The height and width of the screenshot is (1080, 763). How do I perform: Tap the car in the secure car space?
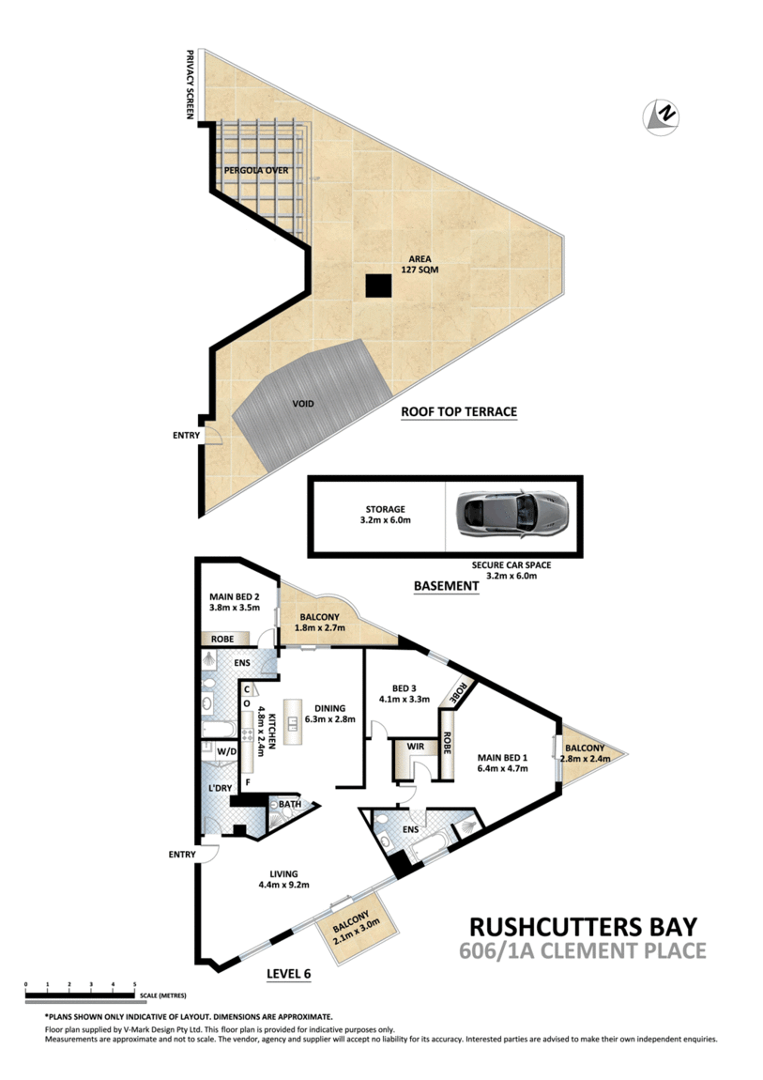512,513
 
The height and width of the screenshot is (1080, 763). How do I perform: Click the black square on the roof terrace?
377,285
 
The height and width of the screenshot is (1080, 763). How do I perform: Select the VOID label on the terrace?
303,404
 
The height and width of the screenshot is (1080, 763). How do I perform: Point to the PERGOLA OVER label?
256,170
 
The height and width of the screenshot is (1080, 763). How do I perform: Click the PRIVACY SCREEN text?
191,85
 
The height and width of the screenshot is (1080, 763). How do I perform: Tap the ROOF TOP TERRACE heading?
459,412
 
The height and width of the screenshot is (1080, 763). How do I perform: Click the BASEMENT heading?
447,586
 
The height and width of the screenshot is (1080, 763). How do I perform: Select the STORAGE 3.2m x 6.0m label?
386,515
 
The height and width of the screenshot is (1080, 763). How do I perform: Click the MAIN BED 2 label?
235,602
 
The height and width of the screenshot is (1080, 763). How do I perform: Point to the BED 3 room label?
404,693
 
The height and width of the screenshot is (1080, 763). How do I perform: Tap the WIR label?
416,747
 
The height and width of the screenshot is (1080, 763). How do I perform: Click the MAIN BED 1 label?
503,763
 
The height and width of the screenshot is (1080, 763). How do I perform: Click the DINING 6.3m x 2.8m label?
330,714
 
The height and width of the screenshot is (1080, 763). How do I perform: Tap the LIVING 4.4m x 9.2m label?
283,879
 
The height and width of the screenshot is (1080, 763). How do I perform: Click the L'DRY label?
221,788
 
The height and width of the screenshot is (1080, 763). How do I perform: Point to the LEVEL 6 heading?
289,974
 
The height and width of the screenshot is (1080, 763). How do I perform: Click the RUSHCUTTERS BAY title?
584,927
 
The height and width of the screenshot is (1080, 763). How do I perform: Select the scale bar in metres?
80,993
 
